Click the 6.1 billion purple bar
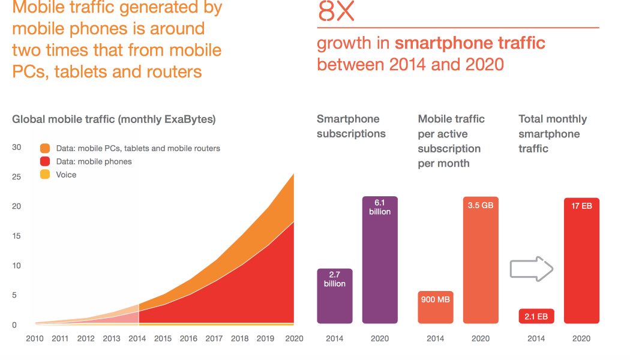pyautogui.click(x=380, y=260)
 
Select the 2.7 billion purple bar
pyautogui.click(x=334, y=296)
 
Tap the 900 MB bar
pyautogui.click(x=436, y=307)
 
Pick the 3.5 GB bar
pyautogui.click(x=481, y=260)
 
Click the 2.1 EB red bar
pyautogui.click(x=536, y=316)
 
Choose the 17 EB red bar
pyautogui.click(x=581, y=260)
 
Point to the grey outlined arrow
pyautogui.click(x=531, y=268)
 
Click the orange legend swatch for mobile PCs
pyautogui.click(x=45, y=148)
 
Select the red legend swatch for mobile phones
pyautogui.click(x=45, y=161)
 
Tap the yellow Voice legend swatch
pyautogui.click(x=45, y=175)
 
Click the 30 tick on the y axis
pyautogui.click(x=17, y=147)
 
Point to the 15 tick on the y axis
pyautogui.click(x=17, y=236)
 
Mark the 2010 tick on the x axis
pyautogui.click(x=35, y=339)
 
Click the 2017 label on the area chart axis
pyautogui.click(x=214, y=339)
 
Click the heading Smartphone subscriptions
pyautogui.click(x=351, y=126)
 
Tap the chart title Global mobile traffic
pyautogui.click(x=114, y=119)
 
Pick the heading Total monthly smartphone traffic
pyautogui.click(x=552, y=133)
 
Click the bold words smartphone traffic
pyautogui.click(x=470, y=43)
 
